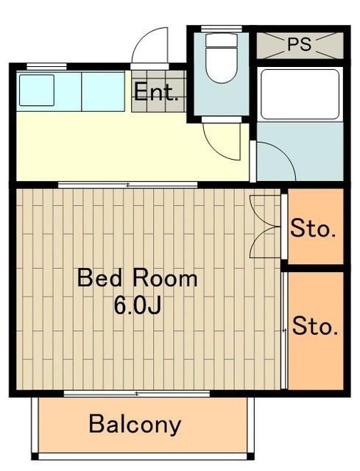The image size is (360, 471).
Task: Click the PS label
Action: (x=300, y=44)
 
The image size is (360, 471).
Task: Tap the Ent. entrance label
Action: (x=156, y=93)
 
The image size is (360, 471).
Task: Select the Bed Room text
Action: (x=138, y=279)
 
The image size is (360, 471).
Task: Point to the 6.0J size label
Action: (x=138, y=304)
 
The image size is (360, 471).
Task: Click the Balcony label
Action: (x=135, y=425)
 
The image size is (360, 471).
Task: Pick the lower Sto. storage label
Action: (x=315, y=325)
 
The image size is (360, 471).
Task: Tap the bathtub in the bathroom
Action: (x=300, y=93)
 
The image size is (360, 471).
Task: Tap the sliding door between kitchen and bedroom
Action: (x=128, y=184)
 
